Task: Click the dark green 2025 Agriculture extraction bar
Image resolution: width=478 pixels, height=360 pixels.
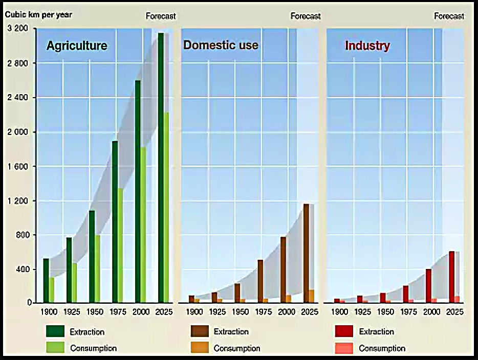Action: pyautogui.click(x=161, y=168)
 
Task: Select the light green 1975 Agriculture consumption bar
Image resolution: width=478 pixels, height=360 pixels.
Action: pyautogui.click(x=120, y=245)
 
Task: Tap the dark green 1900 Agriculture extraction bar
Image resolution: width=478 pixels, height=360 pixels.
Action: pyautogui.click(x=46, y=281)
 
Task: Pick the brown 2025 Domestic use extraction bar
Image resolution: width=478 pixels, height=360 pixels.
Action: pyautogui.click(x=306, y=254)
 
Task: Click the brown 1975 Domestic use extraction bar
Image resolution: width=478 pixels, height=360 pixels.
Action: pyautogui.click(x=260, y=281)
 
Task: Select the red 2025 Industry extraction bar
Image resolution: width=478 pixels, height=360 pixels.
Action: pyautogui.click(x=452, y=277)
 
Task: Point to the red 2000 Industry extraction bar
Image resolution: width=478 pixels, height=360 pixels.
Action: pyautogui.click(x=429, y=286)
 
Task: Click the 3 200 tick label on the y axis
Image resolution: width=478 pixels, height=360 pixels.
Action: pyautogui.click(x=18, y=28)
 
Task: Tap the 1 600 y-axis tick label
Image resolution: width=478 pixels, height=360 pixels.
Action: pyautogui.click(x=18, y=167)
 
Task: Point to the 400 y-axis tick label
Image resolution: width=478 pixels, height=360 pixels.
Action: pyautogui.click(x=21, y=269)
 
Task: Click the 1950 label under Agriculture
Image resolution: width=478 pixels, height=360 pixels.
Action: pyautogui.click(x=95, y=311)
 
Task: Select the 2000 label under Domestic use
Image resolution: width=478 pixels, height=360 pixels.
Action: pyautogui.click(x=286, y=311)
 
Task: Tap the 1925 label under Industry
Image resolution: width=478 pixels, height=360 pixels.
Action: pyautogui.click(x=363, y=311)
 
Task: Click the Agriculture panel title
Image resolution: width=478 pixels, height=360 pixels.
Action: pyautogui.click(x=77, y=46)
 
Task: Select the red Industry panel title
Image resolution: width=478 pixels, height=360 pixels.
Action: pyautogui.click(x=367, y=46)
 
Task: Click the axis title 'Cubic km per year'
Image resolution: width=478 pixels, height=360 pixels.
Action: pyautogui.click(x=38, y=15)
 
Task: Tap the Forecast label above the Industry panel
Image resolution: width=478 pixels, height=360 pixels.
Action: pyautogui.click(x=449, y=16)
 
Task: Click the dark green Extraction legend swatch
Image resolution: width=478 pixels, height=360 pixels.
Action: pyautogui.click(x=55, y=331)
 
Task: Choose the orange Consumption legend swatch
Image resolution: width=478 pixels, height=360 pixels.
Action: pyautogui.click(x=200, y=348)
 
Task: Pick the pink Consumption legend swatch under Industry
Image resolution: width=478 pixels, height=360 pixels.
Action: pyautogui.click(x=344, y=348)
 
